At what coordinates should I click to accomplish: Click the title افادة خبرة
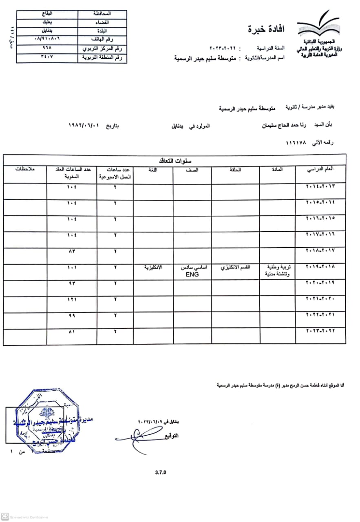click(266, 29)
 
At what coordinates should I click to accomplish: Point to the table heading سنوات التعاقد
click(175, 160)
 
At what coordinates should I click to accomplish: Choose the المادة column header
click(277, 170)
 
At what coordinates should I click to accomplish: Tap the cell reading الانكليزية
click(153, 268)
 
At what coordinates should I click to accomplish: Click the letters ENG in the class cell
click(192, 275)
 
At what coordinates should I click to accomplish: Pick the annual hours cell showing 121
click(72, 300)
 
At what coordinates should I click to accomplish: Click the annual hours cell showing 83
click(72, 251)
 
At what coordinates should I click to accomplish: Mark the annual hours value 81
click(72, 332)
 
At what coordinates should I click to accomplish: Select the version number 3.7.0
click(161, 473)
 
